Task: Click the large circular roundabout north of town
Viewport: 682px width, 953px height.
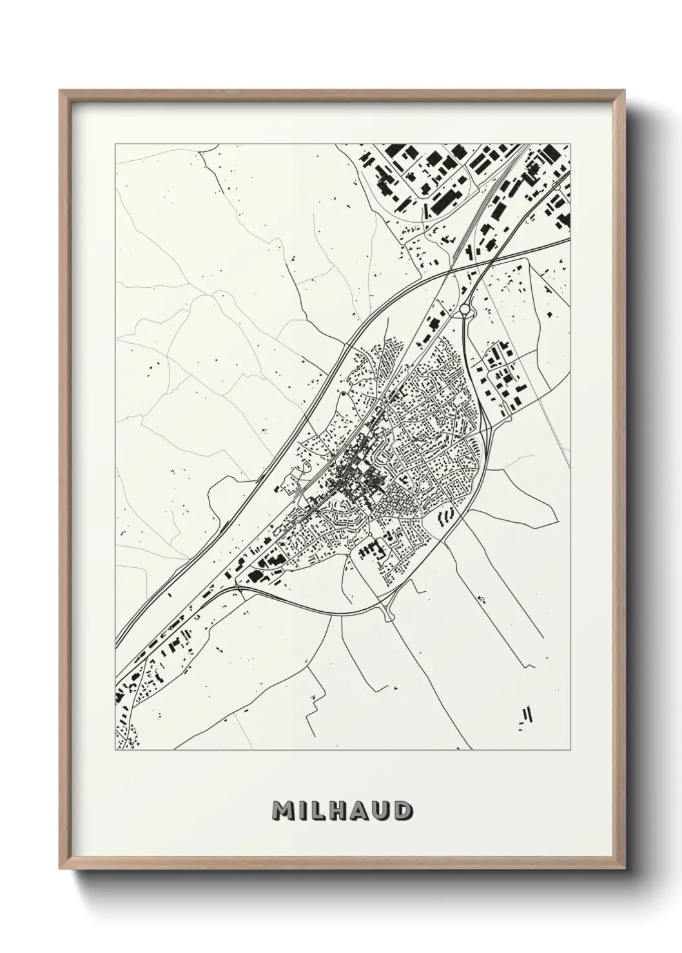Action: (465, 310)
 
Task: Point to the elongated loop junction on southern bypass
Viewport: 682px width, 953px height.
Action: (389, 614)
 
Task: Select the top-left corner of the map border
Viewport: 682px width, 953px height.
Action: (115, 144)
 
